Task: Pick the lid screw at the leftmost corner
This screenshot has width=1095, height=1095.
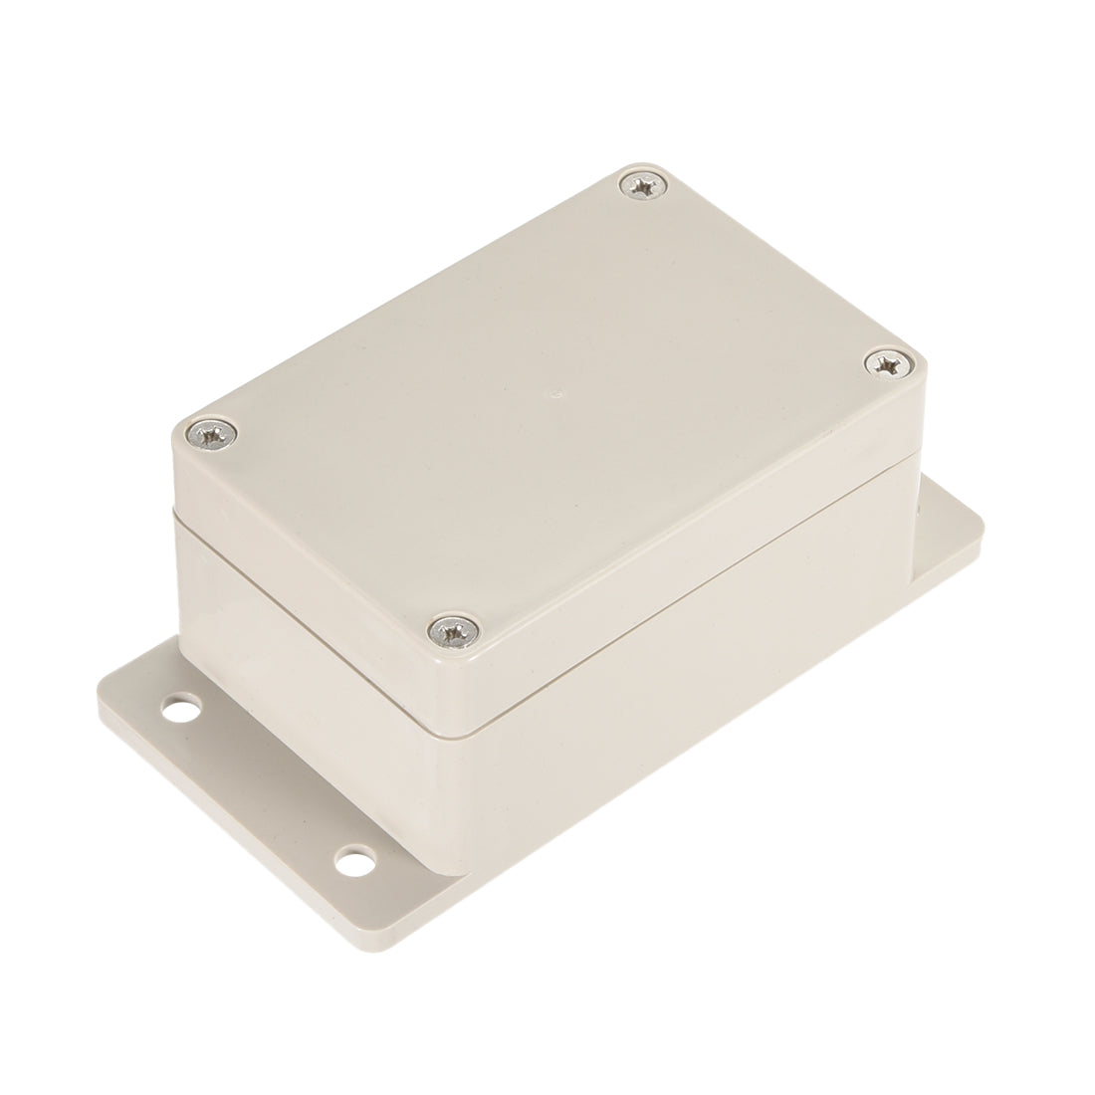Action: pos(213,433)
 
